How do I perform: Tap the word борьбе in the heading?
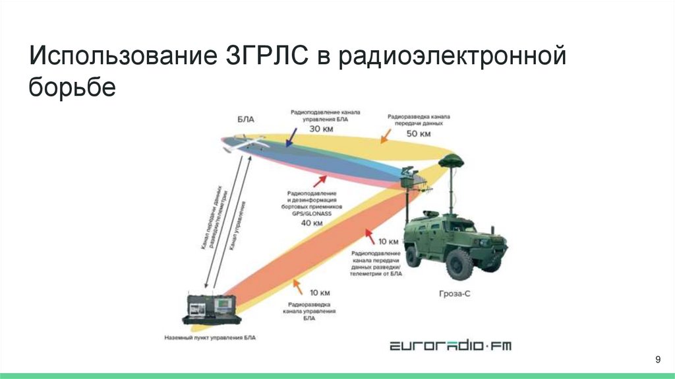pos(72,86)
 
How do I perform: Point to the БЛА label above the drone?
pos(245,120)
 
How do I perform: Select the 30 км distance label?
pos(322,129)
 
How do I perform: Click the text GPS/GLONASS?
pos(312,214)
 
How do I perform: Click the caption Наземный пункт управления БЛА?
pos(210,337)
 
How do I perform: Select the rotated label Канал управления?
pos(238,224)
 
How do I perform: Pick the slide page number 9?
pos(657,359)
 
